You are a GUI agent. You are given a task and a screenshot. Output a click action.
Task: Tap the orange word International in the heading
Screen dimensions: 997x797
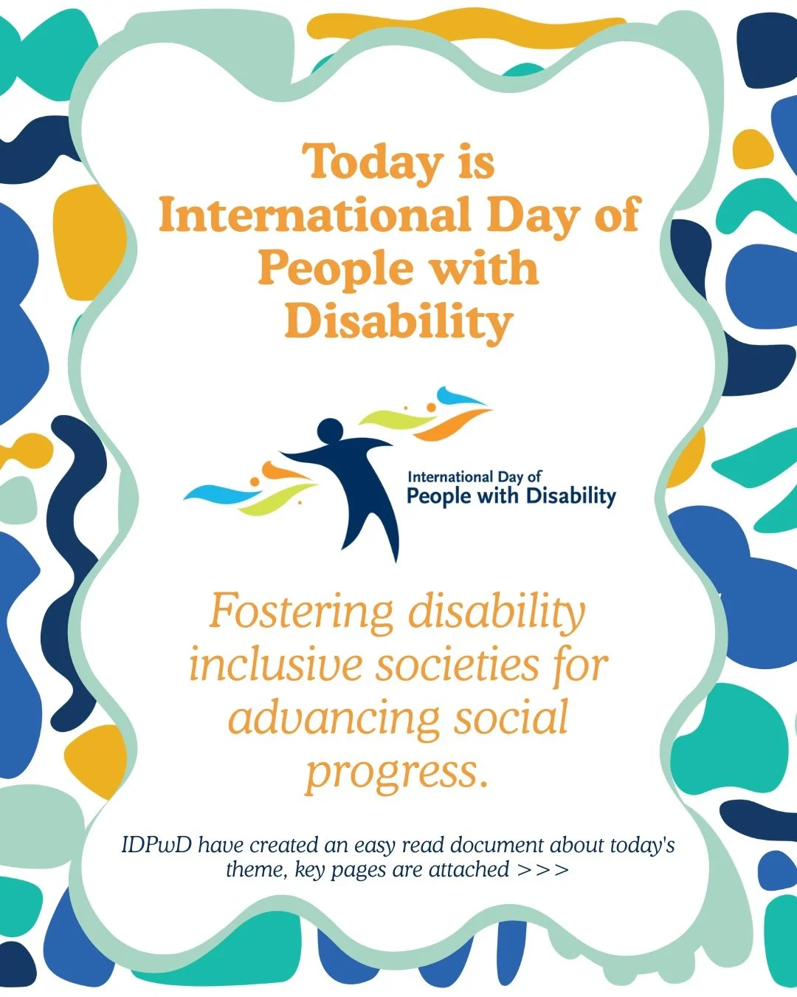click(314, 216)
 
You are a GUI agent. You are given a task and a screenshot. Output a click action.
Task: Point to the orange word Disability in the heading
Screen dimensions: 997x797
click(398, 322)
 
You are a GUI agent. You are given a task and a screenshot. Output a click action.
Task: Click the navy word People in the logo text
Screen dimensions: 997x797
click(441, 496)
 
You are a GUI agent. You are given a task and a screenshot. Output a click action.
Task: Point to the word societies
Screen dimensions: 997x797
click(458, 665)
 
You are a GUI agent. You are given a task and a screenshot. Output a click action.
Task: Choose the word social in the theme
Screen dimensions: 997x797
click(511, 718)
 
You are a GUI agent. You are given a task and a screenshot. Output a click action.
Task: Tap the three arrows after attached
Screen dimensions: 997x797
click(543, 870)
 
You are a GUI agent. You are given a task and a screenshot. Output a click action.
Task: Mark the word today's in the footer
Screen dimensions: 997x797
click(636, 845)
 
